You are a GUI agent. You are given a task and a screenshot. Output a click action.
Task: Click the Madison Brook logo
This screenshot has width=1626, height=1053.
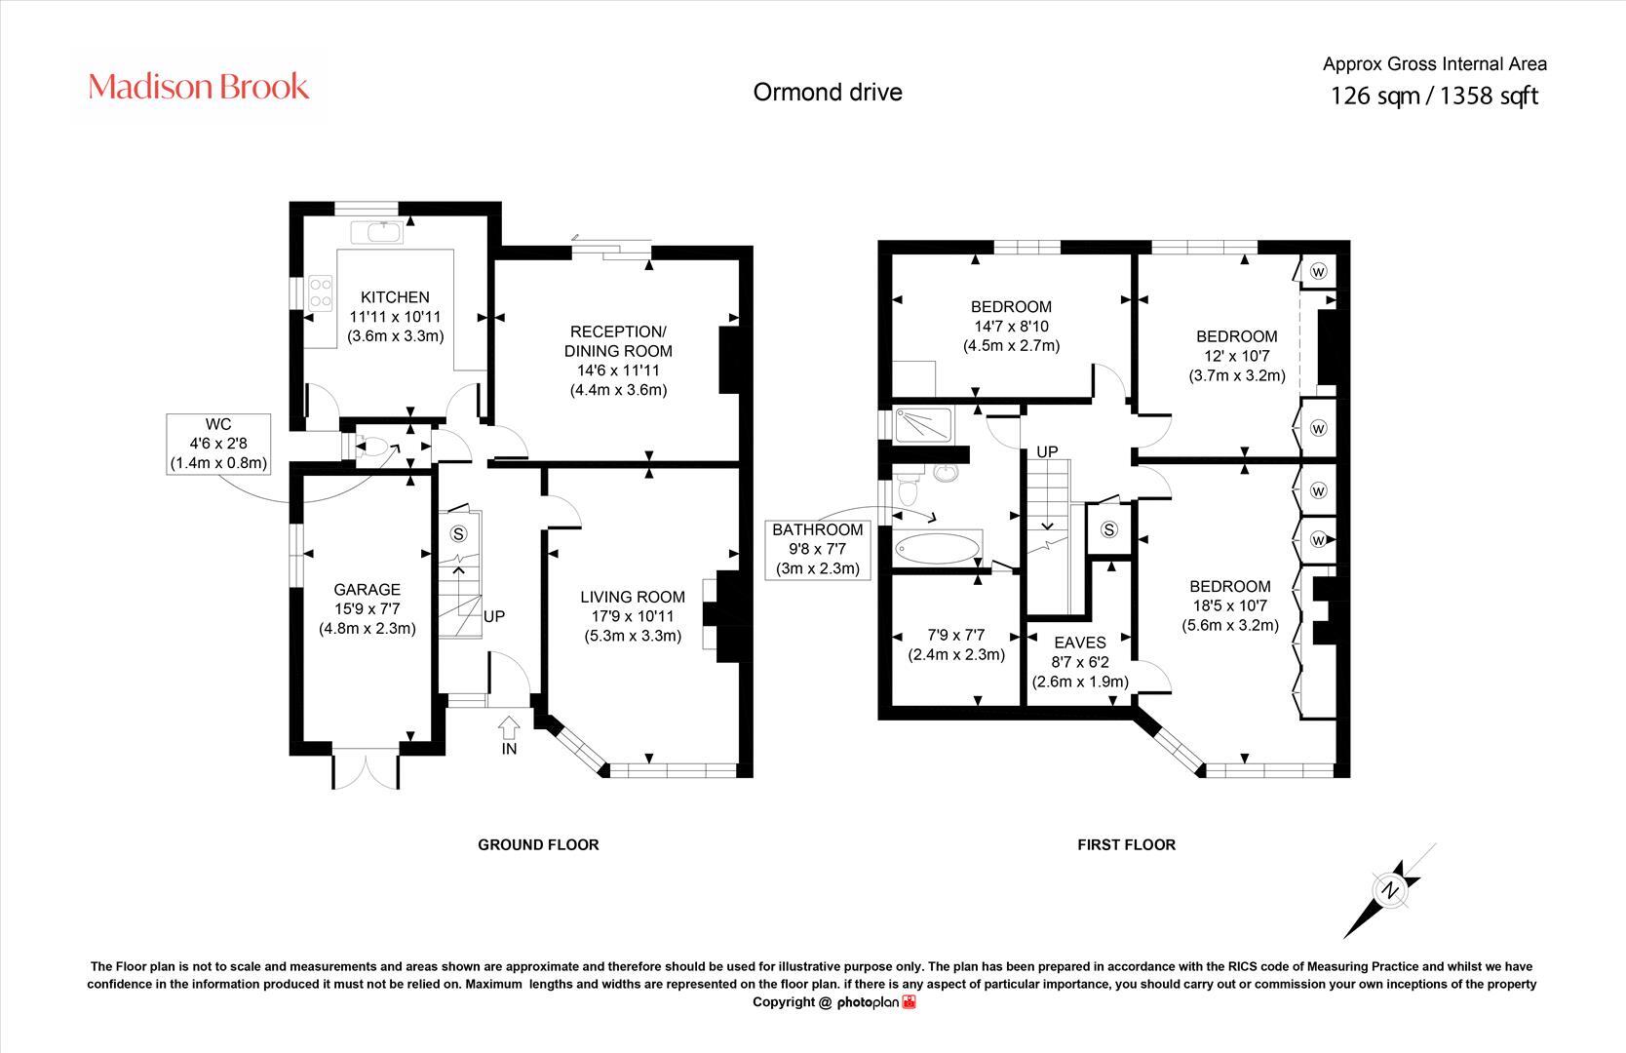[x=199, y=87]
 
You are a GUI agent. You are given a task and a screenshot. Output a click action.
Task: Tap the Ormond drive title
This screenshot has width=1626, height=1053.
[x=828, y=92]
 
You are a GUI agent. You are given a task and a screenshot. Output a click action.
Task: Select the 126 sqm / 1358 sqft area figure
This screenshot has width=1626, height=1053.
[x=1434, y=96]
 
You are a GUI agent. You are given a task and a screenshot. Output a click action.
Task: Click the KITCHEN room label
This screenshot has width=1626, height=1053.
[x=395, y=297]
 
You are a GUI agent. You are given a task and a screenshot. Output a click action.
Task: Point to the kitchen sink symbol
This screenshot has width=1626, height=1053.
[x=377, y=231]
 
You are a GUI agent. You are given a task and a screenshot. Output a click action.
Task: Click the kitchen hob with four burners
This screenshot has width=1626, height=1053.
[x=320, y=292]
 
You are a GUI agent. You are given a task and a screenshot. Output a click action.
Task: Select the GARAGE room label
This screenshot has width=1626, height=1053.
[x=367, y=590]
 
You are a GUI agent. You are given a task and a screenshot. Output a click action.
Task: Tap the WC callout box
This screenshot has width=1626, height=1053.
[x=217, y=444]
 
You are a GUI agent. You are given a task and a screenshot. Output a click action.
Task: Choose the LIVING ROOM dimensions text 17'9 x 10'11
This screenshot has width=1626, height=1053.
[x=633, y=616]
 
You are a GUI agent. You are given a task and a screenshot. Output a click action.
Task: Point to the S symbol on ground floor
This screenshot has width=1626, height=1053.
[x=458, y=533]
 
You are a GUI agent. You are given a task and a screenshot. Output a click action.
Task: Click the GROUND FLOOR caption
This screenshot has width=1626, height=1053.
[x=538, y=844]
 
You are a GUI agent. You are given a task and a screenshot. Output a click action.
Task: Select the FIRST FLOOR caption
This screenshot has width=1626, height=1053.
[x=1126, y=844]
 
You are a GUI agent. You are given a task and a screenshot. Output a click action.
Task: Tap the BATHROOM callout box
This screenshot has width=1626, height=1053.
[x=817, y=549]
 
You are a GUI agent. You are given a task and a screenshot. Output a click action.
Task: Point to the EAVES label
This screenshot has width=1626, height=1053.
[x=1080, y=643]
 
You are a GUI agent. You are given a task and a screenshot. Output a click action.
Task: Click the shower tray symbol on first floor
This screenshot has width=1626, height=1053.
[x=921, y=423]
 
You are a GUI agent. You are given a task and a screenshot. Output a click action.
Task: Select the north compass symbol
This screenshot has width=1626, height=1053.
[x=1389, y=890]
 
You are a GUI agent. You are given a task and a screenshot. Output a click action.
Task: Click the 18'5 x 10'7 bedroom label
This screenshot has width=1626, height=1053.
[x=1229, y=605]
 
